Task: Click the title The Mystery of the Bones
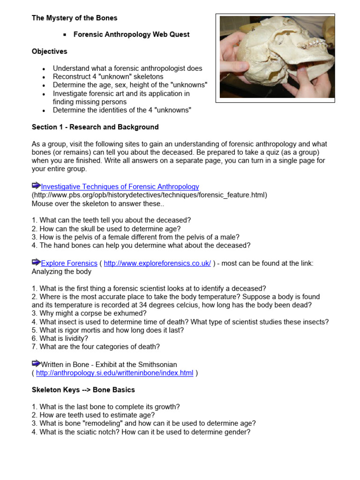(75, 18)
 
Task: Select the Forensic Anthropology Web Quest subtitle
(131, 35)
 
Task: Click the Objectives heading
(49, 52)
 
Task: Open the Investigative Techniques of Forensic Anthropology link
(120, 187)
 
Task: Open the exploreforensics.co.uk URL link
(157, 263)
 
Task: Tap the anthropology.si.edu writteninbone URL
(114, 373)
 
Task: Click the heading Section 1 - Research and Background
(95, 127)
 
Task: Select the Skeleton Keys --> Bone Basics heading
(83, 390)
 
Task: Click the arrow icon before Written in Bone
(36, 363)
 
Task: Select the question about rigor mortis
(108, 330)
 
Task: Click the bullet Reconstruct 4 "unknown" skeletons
(108, 77)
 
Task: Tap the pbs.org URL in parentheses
(150, 195)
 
